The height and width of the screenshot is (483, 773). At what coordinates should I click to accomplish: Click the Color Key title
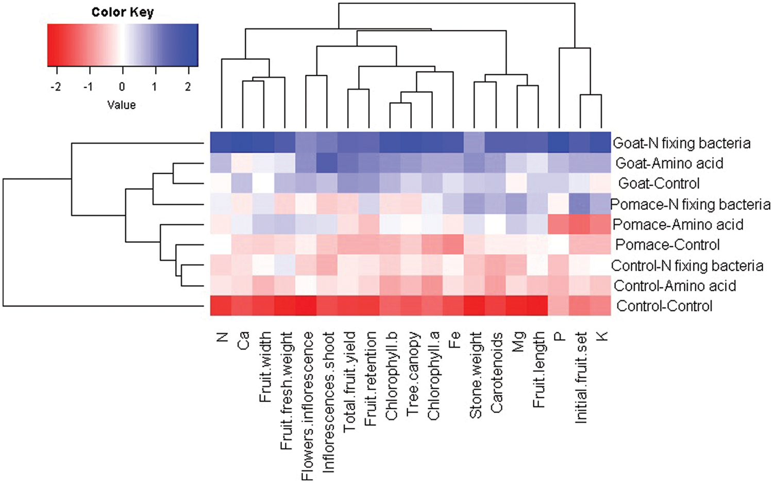[x=122, y=12]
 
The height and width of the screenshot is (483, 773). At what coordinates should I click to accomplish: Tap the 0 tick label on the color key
[x=122, y=86]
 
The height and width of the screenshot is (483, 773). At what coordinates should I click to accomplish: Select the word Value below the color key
[x=122, y=105]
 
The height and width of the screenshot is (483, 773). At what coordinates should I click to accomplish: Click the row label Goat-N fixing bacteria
[x=681, y=143]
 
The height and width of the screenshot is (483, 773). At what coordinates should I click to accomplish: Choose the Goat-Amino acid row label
[x=669, y=163]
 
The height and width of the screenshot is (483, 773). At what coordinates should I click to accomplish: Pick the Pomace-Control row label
[x=667, y=244]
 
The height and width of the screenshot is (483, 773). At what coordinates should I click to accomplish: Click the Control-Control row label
[x=664, y=306]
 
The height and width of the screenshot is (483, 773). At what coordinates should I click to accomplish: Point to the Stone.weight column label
[x=476, y=375]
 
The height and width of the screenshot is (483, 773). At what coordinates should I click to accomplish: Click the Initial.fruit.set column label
[x=581, y=377]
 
